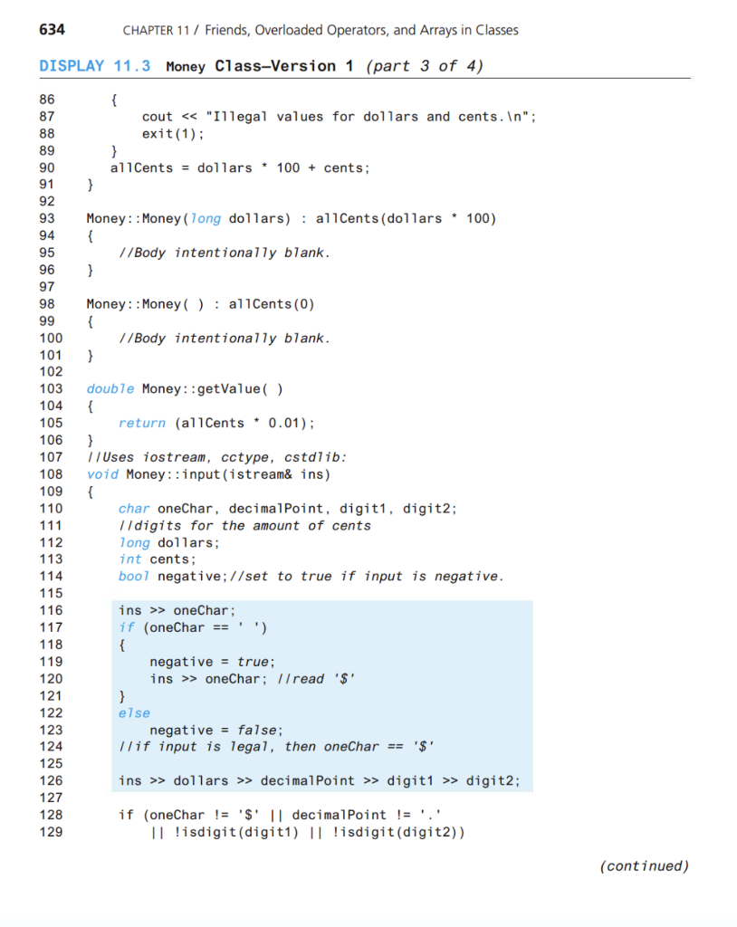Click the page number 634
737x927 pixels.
[x=52, y=30]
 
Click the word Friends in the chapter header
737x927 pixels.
[x=231, y=30]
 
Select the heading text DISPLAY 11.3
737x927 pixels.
[x=95, y=66]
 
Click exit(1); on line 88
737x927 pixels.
[x=173, y=133]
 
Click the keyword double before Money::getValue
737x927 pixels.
[x=110, y=388]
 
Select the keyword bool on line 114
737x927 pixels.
[x=134, y=576]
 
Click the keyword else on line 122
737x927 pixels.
[x=134, y=712]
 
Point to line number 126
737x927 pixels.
[x=51, y=780]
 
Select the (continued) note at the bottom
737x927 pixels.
[x=644, y=865]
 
